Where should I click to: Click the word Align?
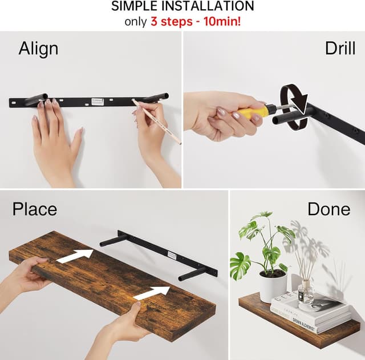click(38, 49)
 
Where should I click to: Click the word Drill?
click(340, 48)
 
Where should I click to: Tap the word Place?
click(35, 209)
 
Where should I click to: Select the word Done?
click(328, 209)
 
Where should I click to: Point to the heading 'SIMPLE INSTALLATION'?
click(182, 7)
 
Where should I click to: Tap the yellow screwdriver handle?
click(253, 112)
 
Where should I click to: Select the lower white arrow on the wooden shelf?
click(151, 293)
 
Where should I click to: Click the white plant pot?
click(273, 286)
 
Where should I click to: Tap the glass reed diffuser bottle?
click(306, 292)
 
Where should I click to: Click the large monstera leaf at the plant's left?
click(240, 266)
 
